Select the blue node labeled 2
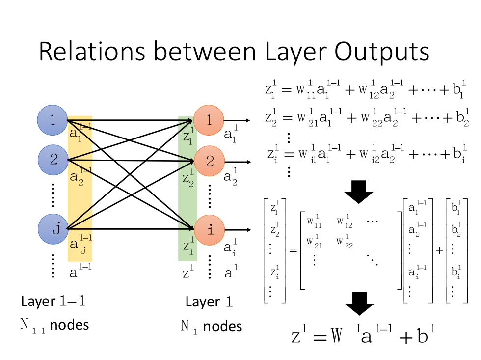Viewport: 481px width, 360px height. (53, 160)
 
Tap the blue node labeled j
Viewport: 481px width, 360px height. (53, 229)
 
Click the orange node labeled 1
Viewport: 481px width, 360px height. (209, 120)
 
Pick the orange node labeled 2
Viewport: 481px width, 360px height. (209, 160)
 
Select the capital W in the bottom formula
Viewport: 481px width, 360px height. (336, 336)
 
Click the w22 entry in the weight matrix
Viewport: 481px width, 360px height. (345, 242)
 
